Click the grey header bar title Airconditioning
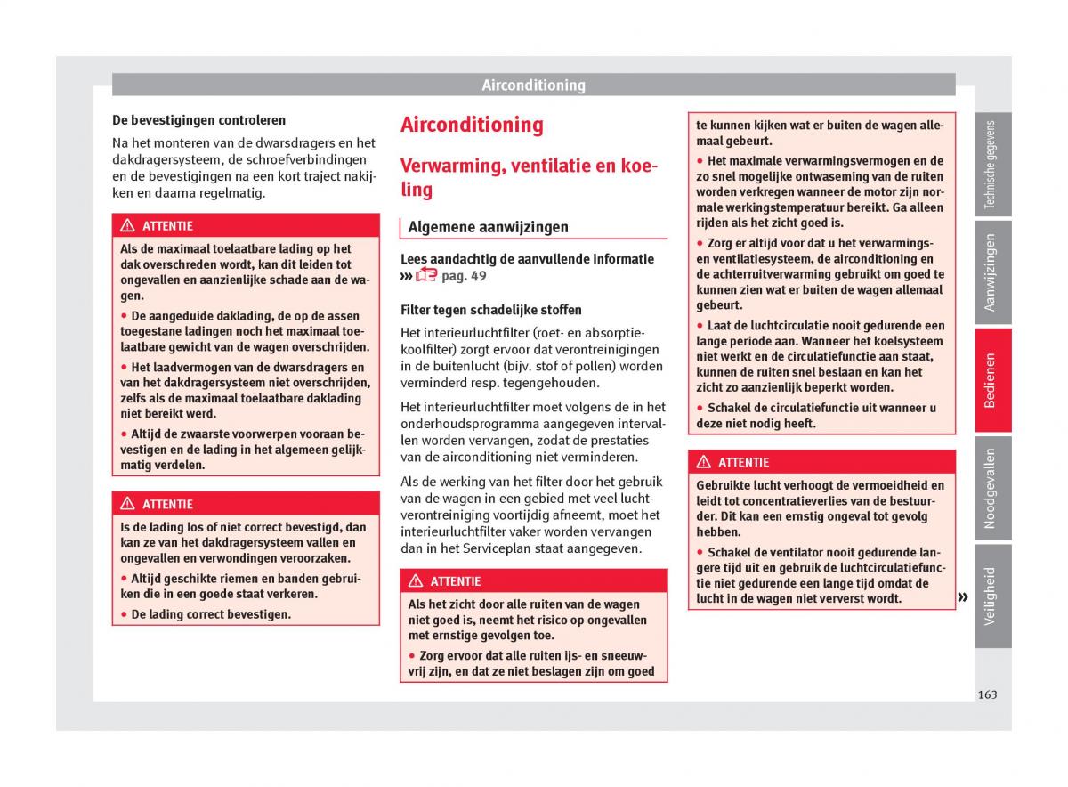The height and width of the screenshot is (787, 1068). pos(533,85)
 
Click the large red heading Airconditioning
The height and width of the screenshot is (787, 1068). pos(472,125)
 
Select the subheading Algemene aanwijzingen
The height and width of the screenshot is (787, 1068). pos(488,227)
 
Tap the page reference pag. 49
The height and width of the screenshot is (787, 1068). pos(464,276)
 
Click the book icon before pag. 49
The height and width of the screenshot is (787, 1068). pos(426,275)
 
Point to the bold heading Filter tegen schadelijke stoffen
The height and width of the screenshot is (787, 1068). pos(491,310)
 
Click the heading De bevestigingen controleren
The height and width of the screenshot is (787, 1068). pos(198,119)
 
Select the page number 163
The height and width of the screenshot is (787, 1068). pos(986,694)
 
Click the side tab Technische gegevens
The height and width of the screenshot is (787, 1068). pos(991,166)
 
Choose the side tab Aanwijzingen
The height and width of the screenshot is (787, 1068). pos(991,272)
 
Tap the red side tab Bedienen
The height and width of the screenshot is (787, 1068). pos(991,380)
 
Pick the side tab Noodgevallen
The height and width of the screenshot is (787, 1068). pos(991,488)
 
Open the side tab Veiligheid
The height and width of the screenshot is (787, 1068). pos(991,595)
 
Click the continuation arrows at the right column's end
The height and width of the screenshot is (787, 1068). pos(963,597)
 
